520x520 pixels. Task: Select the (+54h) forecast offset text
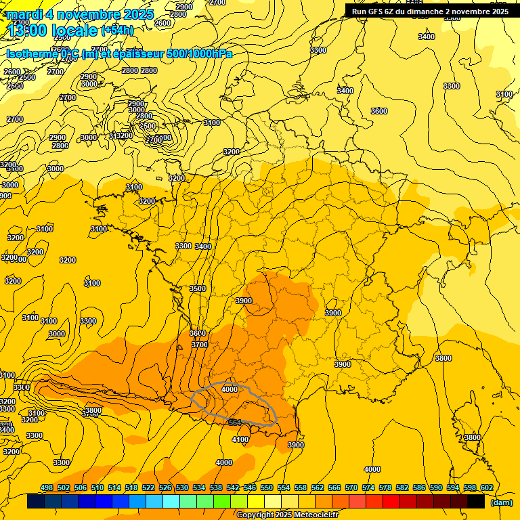(x=117, y=30)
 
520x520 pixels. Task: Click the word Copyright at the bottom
(x=257, y=515)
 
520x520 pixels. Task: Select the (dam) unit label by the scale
(x=500, y=502)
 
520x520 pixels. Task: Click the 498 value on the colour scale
(x=47, y=487)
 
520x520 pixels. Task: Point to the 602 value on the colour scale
(x=486, y=487)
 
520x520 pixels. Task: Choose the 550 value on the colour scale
(x=267, y=487)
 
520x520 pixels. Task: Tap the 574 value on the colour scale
(x=368, y=487)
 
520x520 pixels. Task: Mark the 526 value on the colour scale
(x=165, y=487)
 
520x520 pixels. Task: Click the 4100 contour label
(x=240, y=439)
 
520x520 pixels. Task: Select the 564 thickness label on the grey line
(x=234, y=422)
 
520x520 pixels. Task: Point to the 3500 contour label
(x=197, y=288)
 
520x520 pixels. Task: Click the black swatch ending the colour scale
(x=476, y=502)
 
